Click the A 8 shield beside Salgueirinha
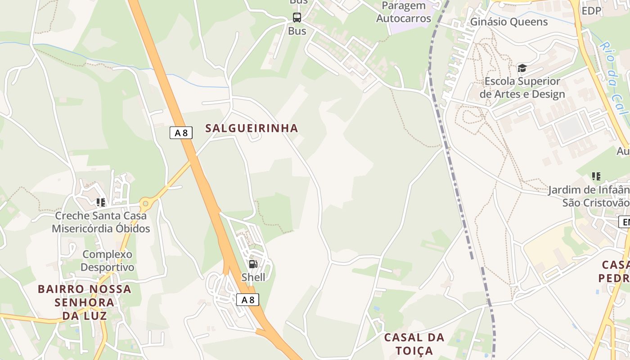181,133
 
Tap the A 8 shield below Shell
247,300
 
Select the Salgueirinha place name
252,128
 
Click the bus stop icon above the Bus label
297,18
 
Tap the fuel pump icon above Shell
253,264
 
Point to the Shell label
253,277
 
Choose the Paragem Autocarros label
404,13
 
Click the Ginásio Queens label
509,22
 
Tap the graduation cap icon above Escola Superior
522,68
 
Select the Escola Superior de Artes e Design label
522,88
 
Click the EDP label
591,11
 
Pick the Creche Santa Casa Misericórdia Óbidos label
101,222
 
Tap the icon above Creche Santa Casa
101,202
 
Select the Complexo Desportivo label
108,261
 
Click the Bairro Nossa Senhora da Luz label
84,302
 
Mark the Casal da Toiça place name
414,344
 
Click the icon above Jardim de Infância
596,176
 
